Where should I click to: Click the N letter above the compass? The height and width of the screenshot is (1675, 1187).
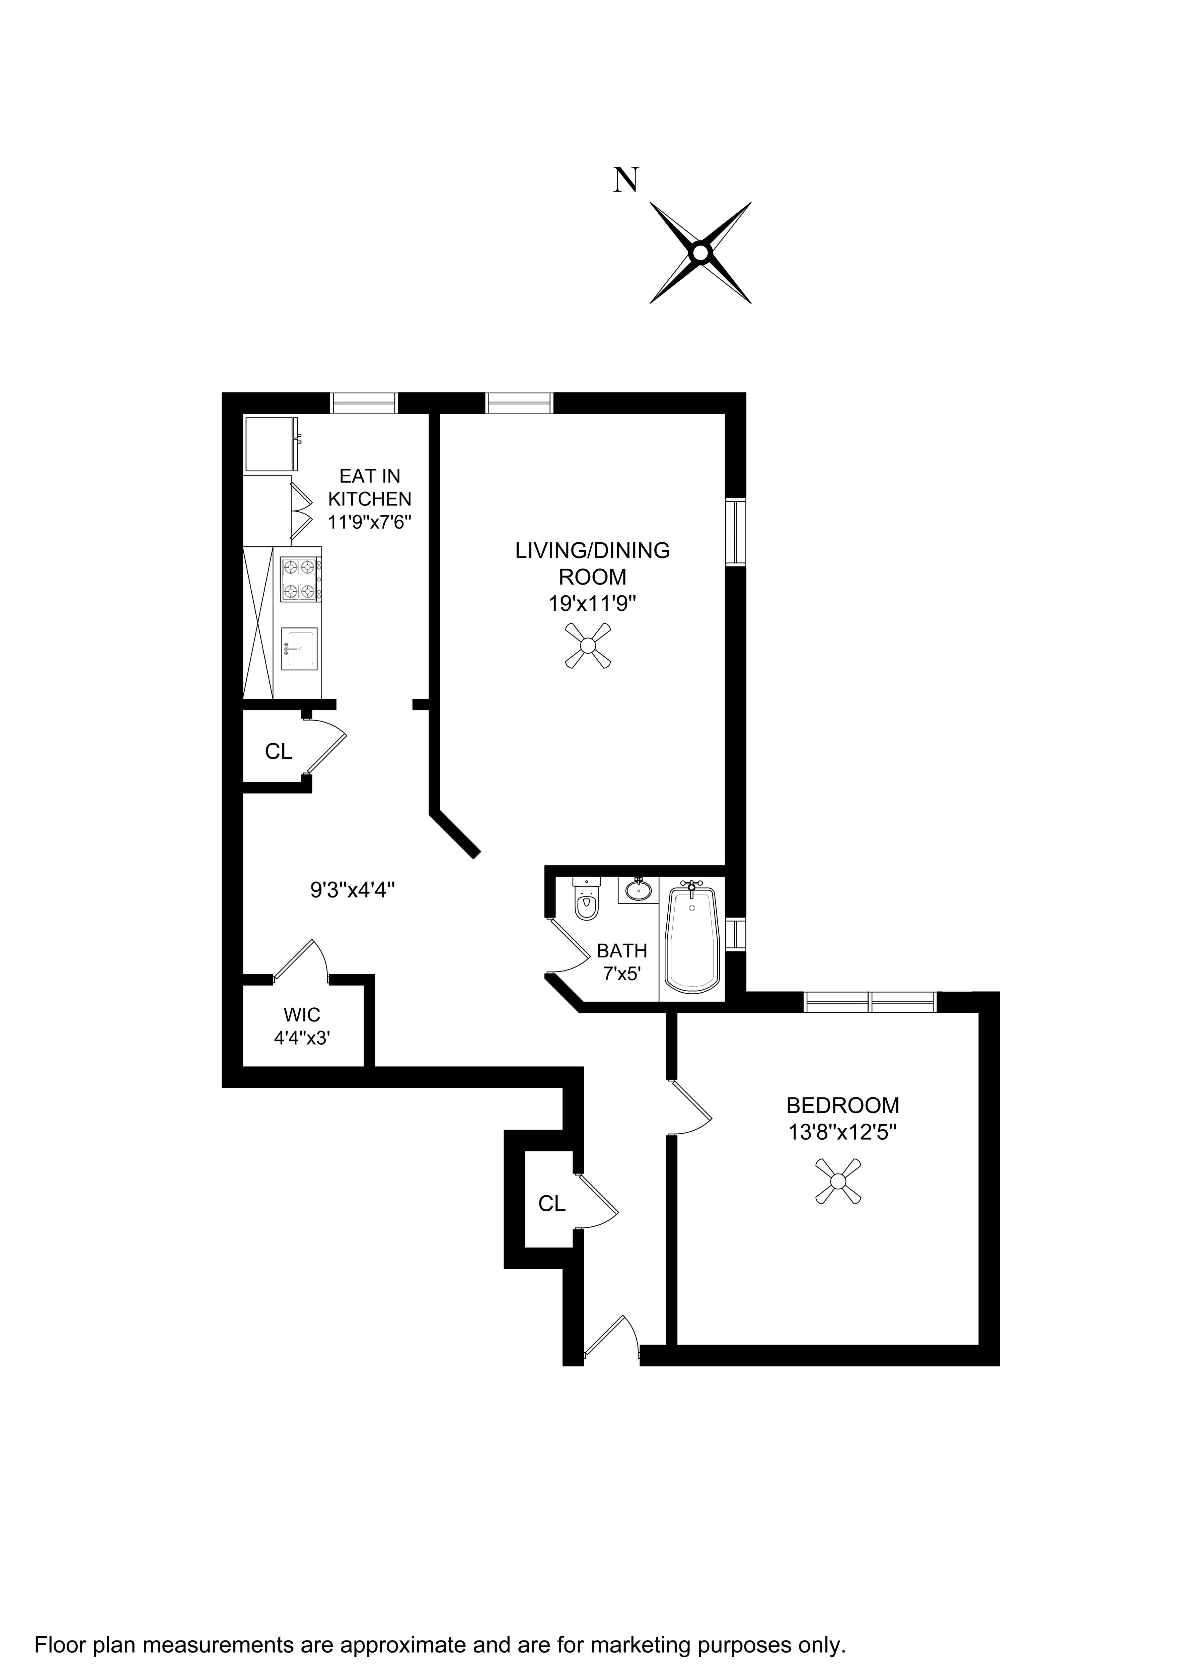(x=626, y=179)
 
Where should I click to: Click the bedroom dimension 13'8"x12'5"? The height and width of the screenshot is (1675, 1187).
(x=842, y=1133)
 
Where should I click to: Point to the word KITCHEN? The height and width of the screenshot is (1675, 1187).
(x=370, y=499)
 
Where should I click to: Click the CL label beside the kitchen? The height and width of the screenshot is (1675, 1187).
(x=279, y=751)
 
